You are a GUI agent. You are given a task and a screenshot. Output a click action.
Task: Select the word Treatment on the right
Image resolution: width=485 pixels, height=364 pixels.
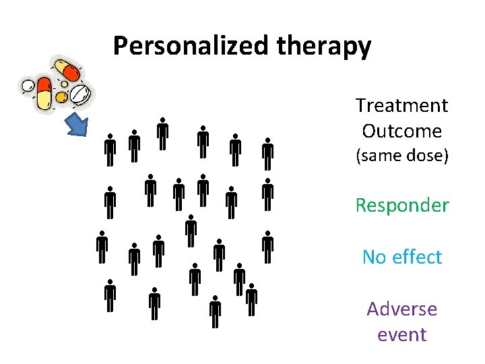tap(401, 105)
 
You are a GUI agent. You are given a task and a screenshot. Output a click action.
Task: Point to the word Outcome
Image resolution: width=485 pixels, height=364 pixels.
tap(401, 131)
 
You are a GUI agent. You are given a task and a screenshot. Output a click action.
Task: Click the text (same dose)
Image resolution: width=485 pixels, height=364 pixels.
tap(401, 156)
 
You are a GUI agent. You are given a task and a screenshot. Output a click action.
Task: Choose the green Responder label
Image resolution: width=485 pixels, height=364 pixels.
tap(401, 205)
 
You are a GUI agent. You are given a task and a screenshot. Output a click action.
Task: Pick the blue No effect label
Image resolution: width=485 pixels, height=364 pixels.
tap(401, 257)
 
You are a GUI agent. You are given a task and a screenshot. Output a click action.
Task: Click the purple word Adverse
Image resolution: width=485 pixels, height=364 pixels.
tap(401, 309)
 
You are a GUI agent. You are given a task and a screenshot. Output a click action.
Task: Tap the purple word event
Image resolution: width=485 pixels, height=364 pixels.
tap(401, 334)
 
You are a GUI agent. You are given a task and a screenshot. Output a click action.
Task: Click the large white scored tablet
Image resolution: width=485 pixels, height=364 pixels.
tap(80, 94)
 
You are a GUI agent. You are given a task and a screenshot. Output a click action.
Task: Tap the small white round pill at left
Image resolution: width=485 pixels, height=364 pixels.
tap(28, 86)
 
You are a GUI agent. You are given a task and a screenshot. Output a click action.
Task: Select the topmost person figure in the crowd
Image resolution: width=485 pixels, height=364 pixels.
tap(162, 133)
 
